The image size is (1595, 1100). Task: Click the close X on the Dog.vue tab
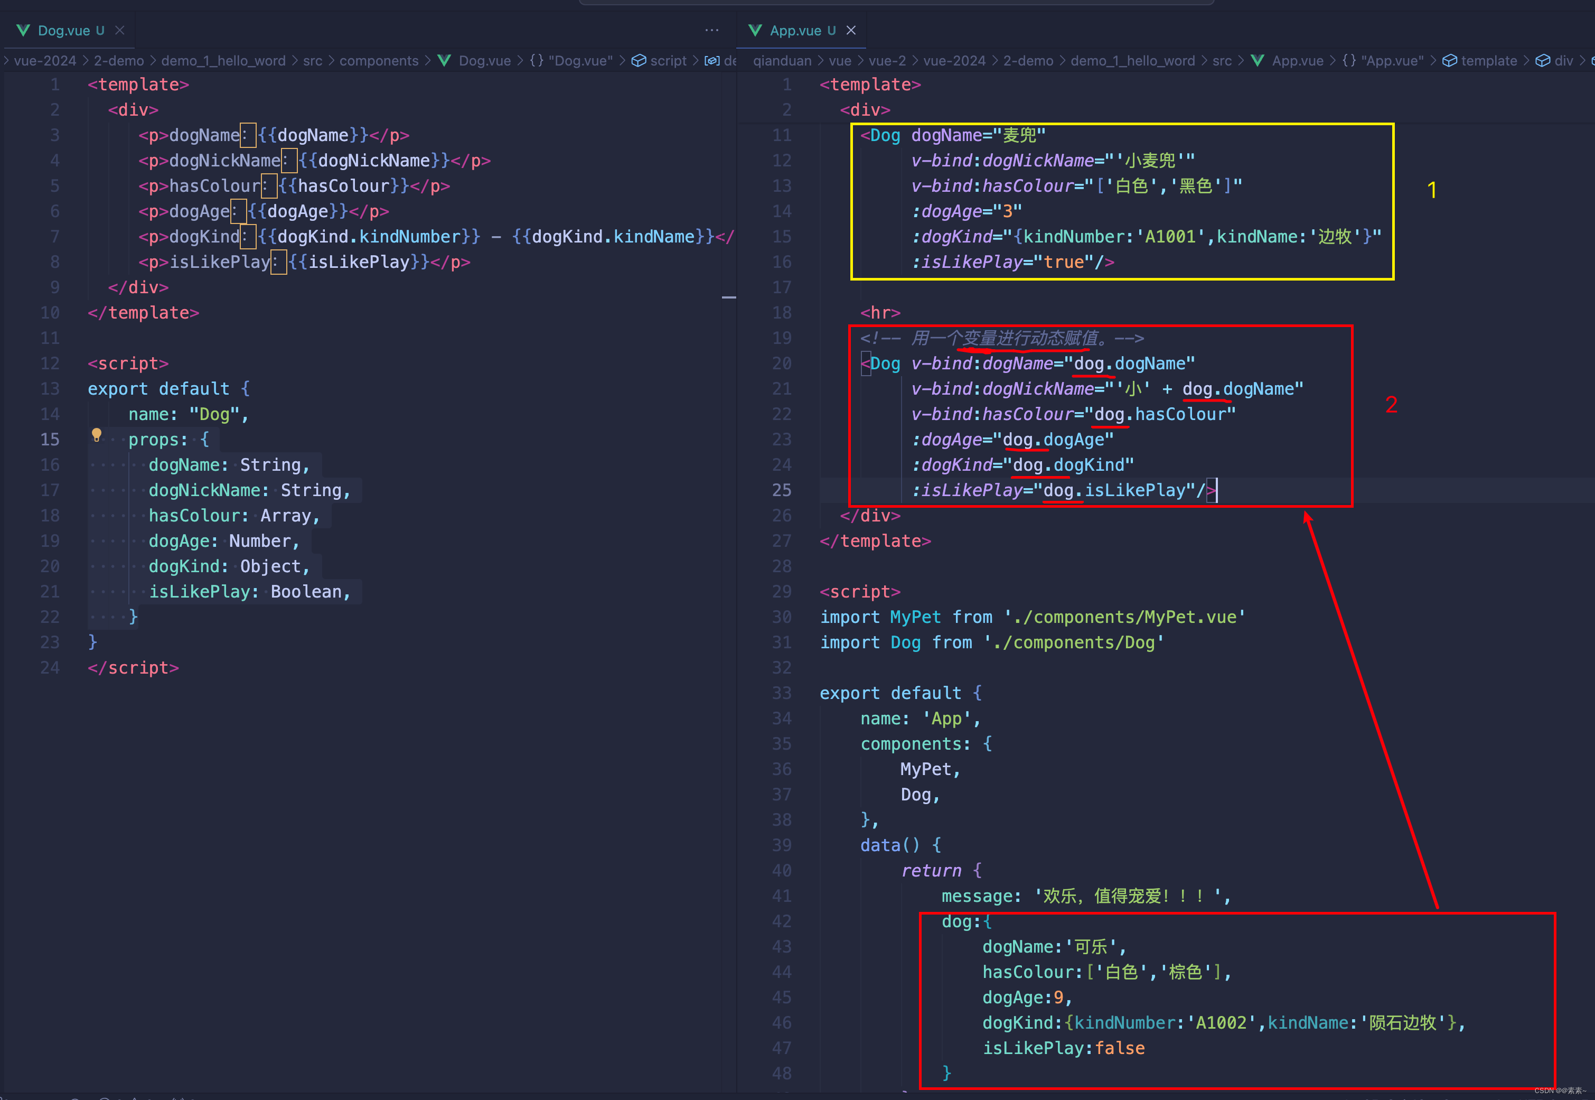[120, 30]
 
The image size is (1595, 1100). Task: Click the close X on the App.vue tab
[851, 30]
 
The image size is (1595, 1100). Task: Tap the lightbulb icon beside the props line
[97, 435]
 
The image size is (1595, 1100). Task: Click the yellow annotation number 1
[1432, 190]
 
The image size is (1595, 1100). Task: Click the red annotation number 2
[1391, 405]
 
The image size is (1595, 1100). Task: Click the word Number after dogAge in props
[260, 541]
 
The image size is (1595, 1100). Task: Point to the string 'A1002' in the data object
[1221, 1023]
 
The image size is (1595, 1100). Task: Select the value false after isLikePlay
[1120, 1048]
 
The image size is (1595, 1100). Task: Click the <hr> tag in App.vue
[880, 313]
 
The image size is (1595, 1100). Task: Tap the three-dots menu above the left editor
[712, 30]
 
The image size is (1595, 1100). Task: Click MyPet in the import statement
[915, 617]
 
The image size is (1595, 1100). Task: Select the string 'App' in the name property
[946, 719]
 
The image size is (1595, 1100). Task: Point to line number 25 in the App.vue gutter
[782, 490]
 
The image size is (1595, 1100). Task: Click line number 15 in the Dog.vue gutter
[50, 440]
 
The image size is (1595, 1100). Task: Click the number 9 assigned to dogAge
[1058, 998]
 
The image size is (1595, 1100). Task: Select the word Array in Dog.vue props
[285, 516]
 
